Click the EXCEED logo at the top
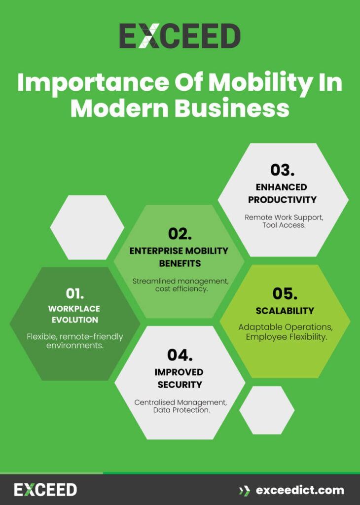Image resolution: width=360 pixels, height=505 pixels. click(180, 36)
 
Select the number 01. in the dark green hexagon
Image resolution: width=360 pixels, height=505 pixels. click(74, 293)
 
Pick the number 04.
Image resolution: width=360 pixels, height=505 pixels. click(180, 355)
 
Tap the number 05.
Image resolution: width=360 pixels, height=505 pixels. click(285, 293)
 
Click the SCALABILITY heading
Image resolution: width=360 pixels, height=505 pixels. click(285, 311)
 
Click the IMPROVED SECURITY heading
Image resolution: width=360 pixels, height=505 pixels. click(180, 378)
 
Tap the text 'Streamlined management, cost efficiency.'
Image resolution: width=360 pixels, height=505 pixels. click(180, 285)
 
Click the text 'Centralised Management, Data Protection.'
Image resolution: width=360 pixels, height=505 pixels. click(180, 406)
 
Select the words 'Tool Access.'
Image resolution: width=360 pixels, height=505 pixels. click(283, 225)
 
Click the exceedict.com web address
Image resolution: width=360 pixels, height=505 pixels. click(300, 490)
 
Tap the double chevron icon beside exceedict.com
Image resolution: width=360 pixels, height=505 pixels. click(244, 490)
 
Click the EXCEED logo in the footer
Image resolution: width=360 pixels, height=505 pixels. click(45, 490)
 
